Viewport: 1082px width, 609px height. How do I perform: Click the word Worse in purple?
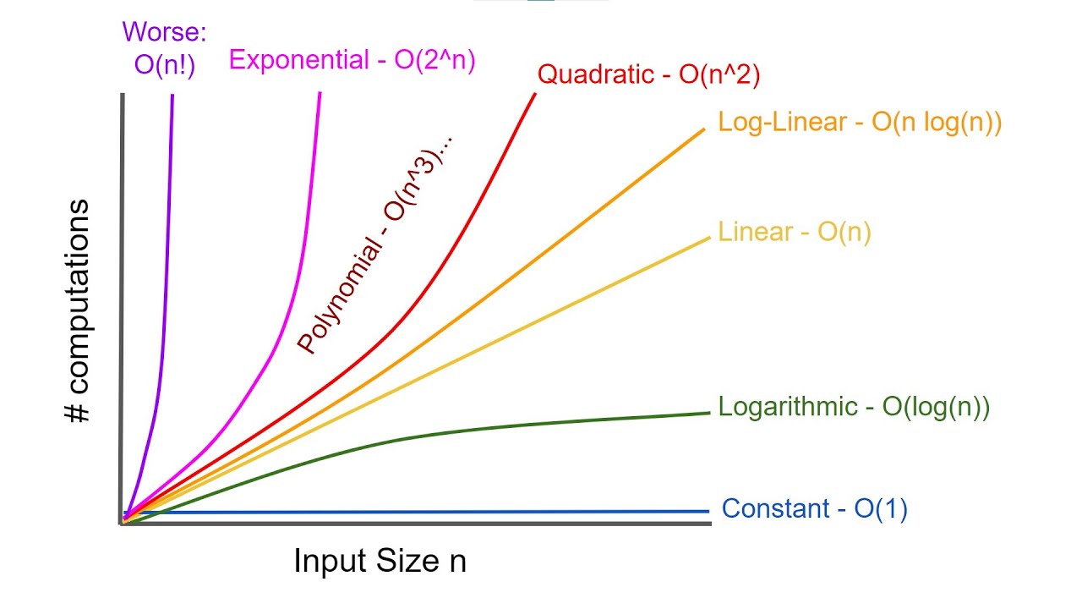[164, 32]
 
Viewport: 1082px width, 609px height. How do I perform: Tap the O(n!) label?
[164, 66]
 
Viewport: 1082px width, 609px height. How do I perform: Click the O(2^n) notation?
[434, 60]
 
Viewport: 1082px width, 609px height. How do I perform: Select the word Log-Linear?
[782, 123]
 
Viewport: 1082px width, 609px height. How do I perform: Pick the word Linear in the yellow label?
[754, 232]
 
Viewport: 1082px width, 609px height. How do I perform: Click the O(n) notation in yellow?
[844, 232]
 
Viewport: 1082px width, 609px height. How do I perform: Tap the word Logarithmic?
[788, 407]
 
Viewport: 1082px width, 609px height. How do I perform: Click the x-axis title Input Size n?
[380, 561]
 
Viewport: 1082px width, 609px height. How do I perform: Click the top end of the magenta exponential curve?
[320, 93]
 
